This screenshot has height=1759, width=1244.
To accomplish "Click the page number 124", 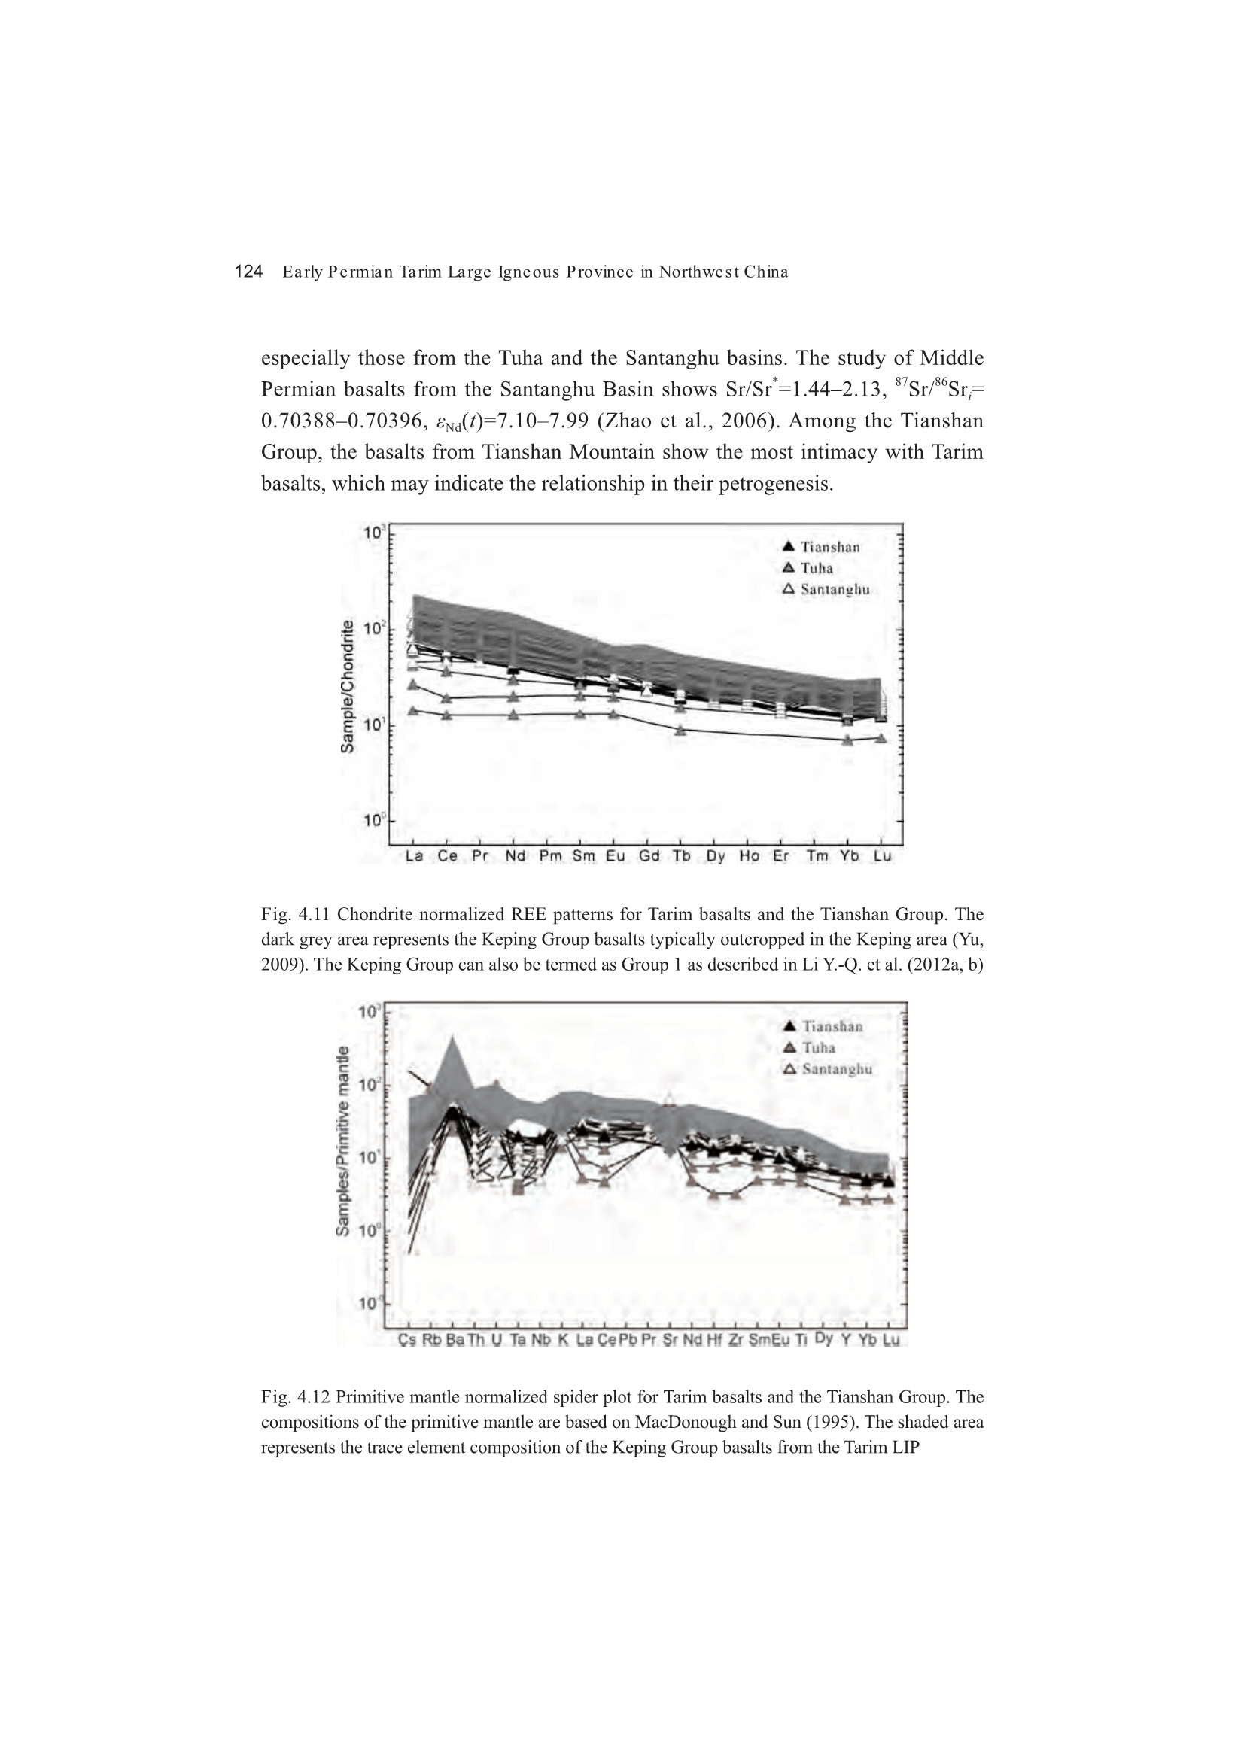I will tap(248, 272).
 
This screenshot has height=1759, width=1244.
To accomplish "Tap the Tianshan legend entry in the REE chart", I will tap(821, 547).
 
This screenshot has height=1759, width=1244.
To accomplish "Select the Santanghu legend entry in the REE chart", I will tap(826, 590).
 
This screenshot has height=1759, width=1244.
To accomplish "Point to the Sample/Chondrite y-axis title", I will tap(347, 685).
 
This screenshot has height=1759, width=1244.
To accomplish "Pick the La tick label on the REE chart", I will tap(414, 855).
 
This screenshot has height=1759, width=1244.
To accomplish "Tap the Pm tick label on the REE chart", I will tap(549, 855).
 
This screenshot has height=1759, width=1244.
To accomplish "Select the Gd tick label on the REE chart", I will tap(649, 855).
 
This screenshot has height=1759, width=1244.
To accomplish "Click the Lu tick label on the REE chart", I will tap(882, 855).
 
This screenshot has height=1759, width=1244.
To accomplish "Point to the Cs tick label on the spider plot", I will tap(407, 1340).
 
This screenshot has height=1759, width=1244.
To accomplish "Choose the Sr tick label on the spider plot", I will tap(670, 1340).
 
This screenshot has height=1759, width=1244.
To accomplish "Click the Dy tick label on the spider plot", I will tap(824, 1338).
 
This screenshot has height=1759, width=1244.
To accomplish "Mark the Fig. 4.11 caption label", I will tap(296, 915).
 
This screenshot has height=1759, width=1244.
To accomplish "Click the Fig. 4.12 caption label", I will tap(296, 1397).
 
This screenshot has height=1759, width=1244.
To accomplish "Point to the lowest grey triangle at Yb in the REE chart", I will tap(847, 740).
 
